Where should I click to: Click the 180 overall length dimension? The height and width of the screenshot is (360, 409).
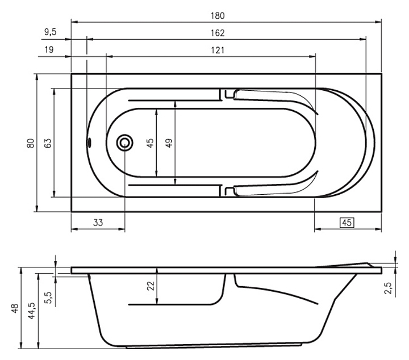click(x=218, y=16)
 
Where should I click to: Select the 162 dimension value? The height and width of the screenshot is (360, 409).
click(x=218, y=33)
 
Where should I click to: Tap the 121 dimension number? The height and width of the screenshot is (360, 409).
click(x=218, y=50)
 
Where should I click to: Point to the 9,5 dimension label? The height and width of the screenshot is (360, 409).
click(x=51, y=32)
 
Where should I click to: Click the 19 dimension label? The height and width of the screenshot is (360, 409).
click(x=49, y=49)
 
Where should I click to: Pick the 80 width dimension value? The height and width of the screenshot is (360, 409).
click(x=31, y=143)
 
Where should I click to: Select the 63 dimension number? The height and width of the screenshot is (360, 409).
click(x=48, y=143)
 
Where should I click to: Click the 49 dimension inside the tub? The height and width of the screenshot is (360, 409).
click(x=169, y=143)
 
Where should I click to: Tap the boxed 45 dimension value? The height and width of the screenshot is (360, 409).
click(x=347, y=223)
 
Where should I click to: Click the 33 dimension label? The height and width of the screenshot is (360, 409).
click(x=98, y=223)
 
